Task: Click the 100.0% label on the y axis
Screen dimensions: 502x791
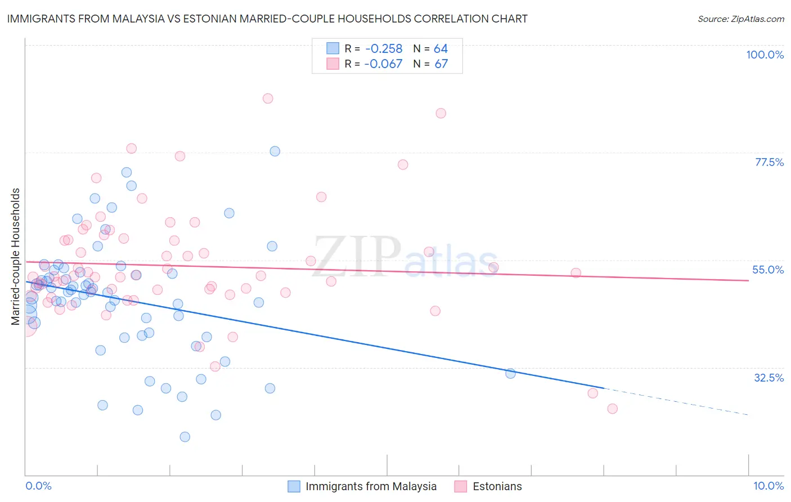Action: pos(765,55)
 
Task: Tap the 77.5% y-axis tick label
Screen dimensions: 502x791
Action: pos(768,162)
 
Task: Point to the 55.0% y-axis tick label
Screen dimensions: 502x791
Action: pos(767,270)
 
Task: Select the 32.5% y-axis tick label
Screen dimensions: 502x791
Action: pos(768,378)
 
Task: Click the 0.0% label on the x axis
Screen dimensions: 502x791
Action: pos(38,486)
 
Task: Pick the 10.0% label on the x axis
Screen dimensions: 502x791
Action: pos(768,486)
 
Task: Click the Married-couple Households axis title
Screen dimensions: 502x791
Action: pos(16,256)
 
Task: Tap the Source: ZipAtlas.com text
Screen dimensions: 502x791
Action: pos(740,19)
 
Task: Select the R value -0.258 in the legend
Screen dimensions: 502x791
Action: pos(383,49)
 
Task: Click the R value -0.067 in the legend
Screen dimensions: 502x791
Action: pos(383,64)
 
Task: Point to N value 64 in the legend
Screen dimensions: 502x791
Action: pos(441,49)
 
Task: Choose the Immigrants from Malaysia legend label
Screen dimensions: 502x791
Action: pos(371,486)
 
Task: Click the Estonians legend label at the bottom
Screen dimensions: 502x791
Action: pos(497,486)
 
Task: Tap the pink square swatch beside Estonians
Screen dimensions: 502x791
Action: pos(461,486)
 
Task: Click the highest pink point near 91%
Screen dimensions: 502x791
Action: pos(268,98)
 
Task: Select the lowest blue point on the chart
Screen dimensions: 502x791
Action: pos(185,437)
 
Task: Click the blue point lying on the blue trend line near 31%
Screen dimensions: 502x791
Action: pos(510,373)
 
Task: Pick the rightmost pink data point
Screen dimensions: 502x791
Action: pos(612,409)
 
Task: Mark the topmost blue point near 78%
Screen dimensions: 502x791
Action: pos(275,151)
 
